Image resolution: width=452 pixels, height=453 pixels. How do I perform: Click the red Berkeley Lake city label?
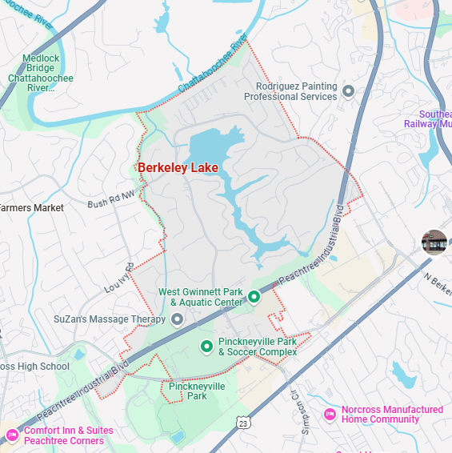tap(178, 168)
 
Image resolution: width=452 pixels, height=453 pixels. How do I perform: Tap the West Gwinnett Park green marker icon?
tap(254, 298)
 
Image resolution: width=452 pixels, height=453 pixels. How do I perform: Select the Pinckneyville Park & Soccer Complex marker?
tap(206, 347)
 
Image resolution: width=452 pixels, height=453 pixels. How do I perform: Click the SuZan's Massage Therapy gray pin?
tap(178, 319)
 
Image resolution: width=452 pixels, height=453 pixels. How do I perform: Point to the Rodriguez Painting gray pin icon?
tap(348, 91)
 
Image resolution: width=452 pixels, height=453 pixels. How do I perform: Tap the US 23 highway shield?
tap(242, 422)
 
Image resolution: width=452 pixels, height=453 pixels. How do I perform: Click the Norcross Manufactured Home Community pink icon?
tap(329, 414)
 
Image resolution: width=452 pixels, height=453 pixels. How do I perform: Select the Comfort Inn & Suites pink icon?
tap(12, 435)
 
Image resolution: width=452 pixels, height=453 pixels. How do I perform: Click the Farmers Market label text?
tap(32, 208)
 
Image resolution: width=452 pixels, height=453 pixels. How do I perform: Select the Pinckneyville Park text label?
tap(197, 391)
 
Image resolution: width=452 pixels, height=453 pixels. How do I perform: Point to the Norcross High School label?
tap(35, 367)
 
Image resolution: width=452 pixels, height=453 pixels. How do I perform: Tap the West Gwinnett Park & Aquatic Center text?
tap(201, 298)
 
